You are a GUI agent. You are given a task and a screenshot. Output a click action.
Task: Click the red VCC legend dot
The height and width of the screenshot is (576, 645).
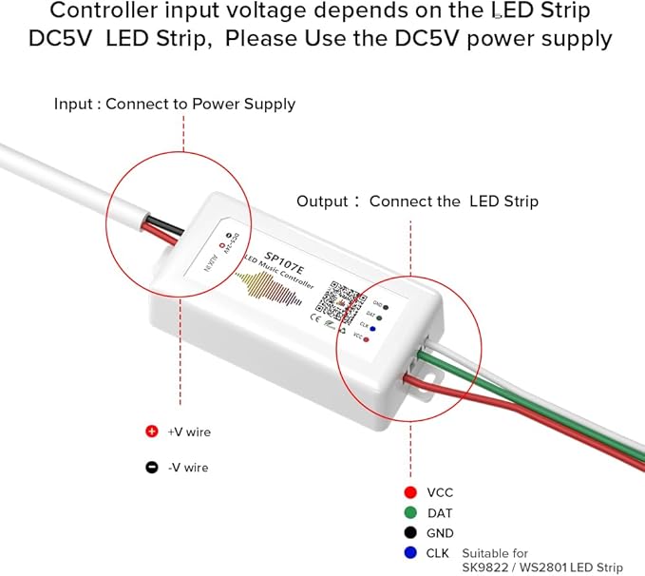(x=409, y=492)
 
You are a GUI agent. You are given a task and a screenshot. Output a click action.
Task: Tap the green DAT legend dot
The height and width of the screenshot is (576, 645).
(x=409, y=513)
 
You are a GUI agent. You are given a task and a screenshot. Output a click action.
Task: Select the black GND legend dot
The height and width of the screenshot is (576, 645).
(x=409, y=533)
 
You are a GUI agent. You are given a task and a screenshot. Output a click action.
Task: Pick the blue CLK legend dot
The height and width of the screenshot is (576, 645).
(x=409, y=553)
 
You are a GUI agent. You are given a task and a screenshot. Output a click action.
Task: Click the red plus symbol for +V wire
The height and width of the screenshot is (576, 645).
(x=151, y=432)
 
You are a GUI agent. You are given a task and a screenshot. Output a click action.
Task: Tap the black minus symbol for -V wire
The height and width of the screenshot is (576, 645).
(x=151, y=467)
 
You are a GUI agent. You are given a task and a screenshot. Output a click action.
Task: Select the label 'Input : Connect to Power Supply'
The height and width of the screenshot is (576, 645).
(x=174, y=105)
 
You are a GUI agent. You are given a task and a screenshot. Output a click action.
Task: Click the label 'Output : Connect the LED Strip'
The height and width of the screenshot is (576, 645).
(x=417, y=202)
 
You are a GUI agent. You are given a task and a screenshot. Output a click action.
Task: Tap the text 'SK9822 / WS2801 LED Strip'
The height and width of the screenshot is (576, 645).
(x=542, y=567)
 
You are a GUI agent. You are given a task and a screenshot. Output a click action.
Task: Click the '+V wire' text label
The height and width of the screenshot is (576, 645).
(x=189, y=432)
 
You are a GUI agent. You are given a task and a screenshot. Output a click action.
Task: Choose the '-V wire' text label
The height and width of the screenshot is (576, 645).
(x=188, y=468)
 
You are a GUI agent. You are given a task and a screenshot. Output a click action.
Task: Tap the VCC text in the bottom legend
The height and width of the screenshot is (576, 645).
(x=440, y=493)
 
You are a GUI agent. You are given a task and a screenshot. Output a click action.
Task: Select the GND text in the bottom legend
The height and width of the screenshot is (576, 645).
(x=440, y=534)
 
